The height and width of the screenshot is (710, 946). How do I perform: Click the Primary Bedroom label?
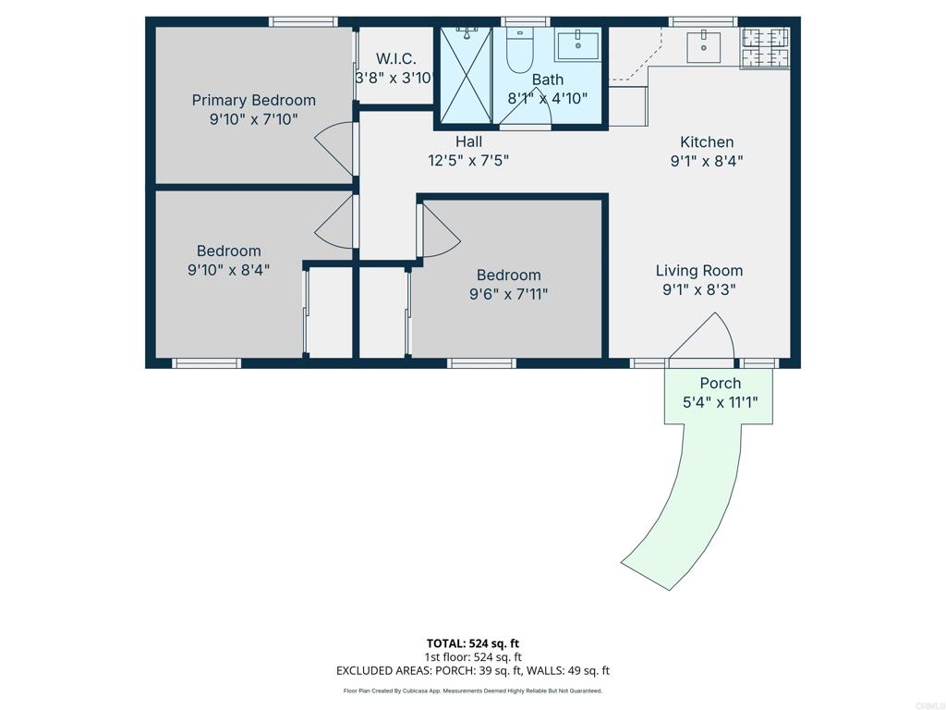point(253,100)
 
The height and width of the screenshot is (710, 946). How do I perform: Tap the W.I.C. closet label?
point(395,58)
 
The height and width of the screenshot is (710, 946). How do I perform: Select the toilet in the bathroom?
point(519,51)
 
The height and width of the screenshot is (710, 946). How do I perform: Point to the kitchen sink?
point(703,47)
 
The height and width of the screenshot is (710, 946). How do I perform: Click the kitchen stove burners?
point(764,48)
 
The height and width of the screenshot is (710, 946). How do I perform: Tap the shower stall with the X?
point(467,76)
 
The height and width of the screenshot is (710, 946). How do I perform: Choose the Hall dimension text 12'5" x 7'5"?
point(468,161)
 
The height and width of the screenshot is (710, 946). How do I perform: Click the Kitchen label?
point(707,141)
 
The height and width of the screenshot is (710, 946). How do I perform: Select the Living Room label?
point(699,271)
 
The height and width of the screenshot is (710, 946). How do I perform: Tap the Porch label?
point(721,384)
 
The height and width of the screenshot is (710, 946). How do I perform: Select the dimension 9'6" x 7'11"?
point(509,295)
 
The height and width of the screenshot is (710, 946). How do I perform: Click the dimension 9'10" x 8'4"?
point(229,270)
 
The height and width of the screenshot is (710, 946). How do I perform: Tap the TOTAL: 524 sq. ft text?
point(472,643)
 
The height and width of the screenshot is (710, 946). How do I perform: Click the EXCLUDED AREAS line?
point(472,671)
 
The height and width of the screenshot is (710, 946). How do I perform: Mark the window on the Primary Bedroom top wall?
point(303,22)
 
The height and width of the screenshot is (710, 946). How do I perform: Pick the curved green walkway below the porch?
point(687,501)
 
